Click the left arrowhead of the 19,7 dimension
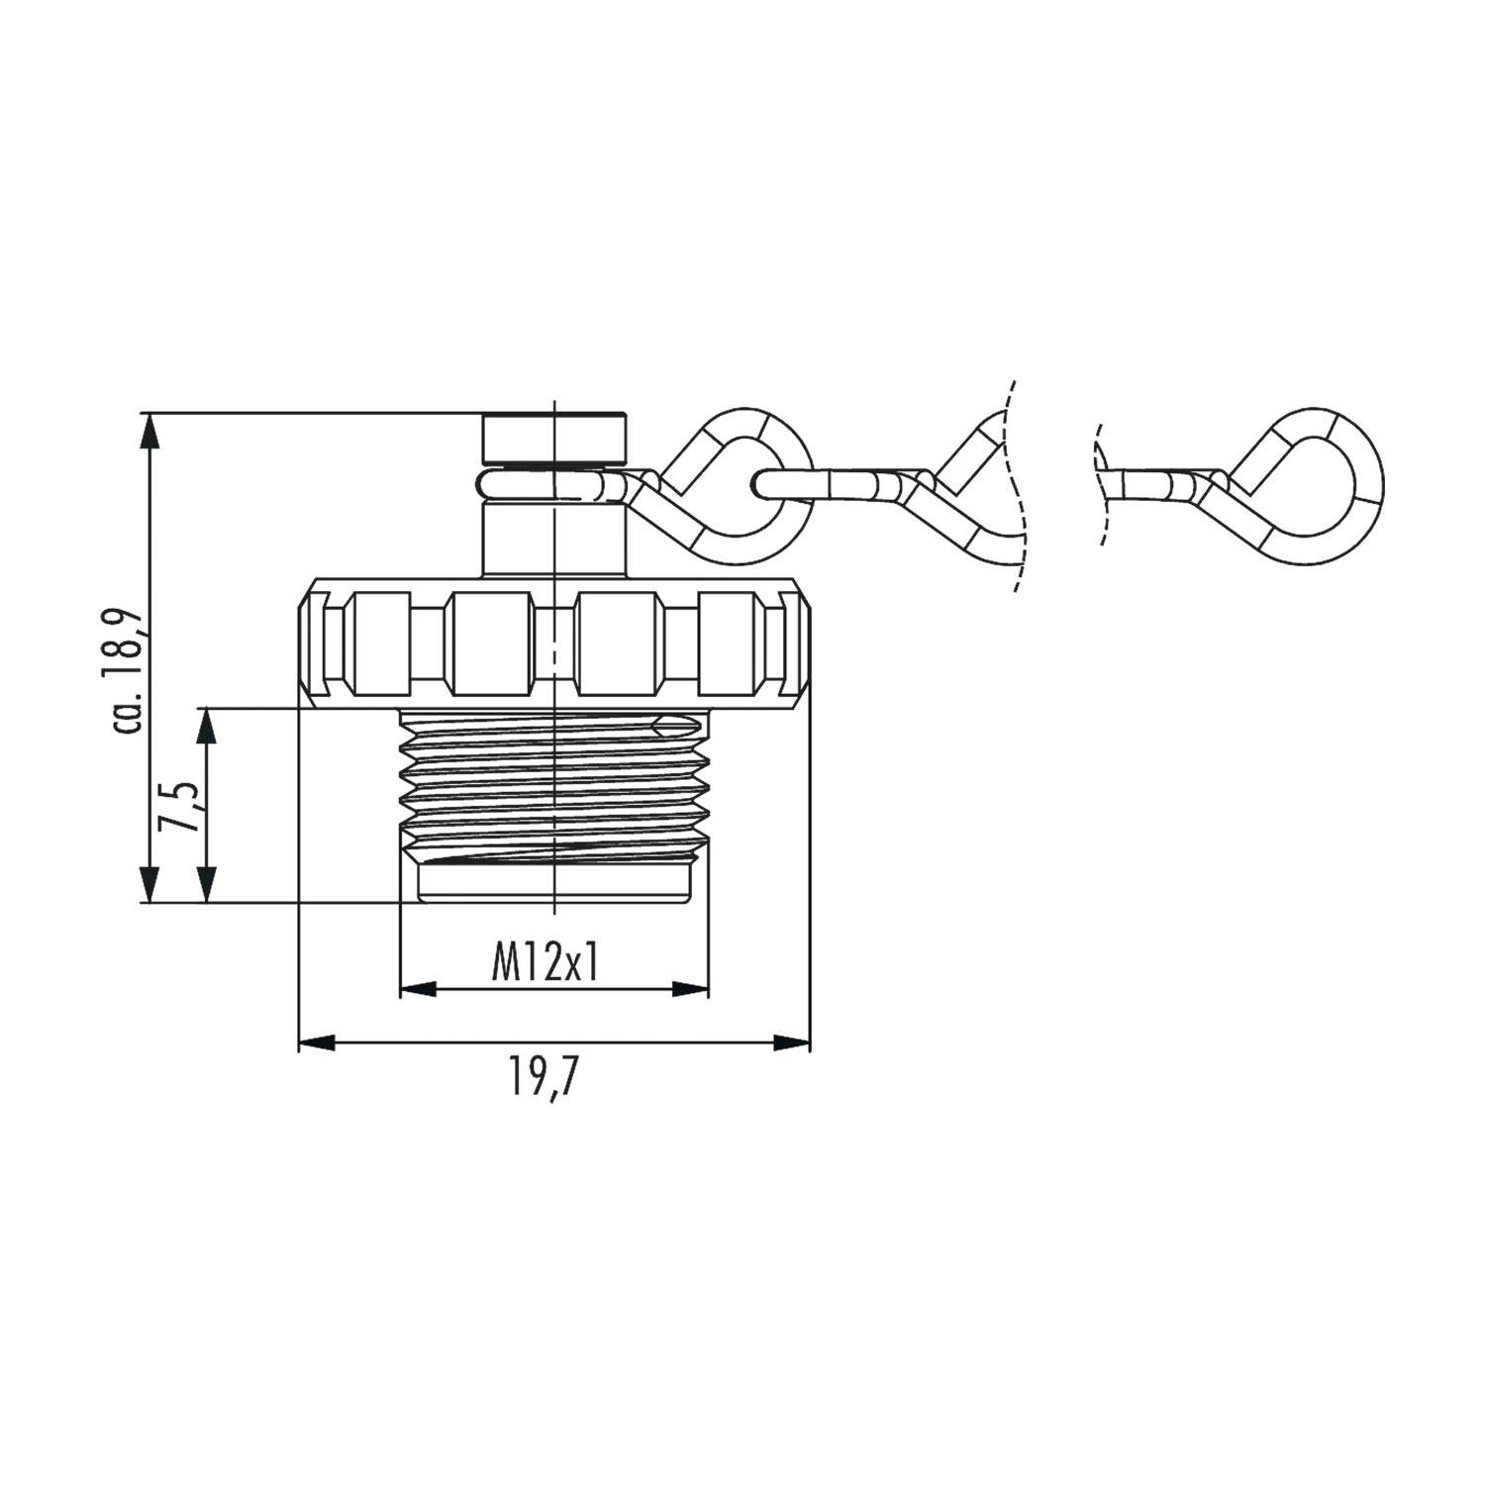tap(317, 1041)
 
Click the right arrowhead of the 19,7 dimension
tap(792, 1041)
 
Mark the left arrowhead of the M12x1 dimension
tap(418, 988)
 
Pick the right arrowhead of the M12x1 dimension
tap(691, 988)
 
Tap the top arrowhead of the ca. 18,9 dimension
tap(148, 432)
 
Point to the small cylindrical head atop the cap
tap(554, 436)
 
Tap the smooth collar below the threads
tap(554, 883)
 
